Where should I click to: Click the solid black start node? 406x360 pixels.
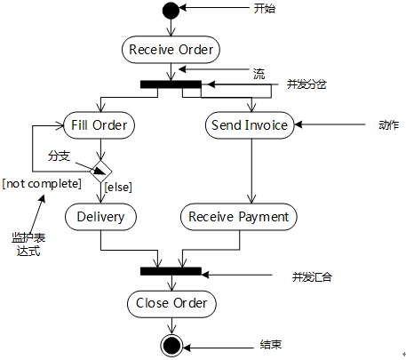171,11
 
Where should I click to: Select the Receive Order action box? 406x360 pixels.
171,50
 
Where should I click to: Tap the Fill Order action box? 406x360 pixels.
100,125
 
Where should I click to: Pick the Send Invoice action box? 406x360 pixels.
250,125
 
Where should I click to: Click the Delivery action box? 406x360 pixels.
100,217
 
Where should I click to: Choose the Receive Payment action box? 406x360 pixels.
239,217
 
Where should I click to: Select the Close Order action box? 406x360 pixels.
171,304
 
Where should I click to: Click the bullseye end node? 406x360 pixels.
171,346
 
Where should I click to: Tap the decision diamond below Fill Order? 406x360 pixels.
101,172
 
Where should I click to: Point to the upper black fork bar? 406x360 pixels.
171,84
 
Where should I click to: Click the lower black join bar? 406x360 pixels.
171,271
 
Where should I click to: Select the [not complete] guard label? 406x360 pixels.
42,184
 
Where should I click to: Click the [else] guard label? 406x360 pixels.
118,188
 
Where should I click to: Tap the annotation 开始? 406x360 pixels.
265,9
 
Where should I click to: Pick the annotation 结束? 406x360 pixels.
271,345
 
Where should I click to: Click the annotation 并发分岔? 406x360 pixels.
306,84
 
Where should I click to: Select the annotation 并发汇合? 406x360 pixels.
312,277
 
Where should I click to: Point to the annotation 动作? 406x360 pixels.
388,125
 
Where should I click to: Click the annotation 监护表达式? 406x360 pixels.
28,244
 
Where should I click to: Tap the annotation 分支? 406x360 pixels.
60,156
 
